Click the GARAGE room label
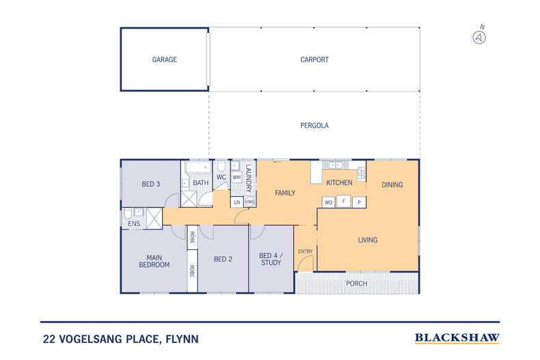tap(164, 59)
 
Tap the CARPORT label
tap(314, 59)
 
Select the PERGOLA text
tap(314, 126)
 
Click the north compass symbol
tap(480, 37)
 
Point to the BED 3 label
tap(151, 184)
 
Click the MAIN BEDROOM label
tap(154, 260)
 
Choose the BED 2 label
tap(224, 259)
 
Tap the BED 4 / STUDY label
tap(271, 259)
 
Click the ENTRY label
tap(305, 251)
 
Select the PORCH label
tap(356, 283)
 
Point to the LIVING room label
tap(368, 240)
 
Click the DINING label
tap(392, 184)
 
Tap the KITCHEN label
tap(339, 182)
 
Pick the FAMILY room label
tap(285, 193)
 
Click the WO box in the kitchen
tap(329, 202)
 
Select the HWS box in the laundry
tap(250, 202)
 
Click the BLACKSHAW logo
tap(457, 337)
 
